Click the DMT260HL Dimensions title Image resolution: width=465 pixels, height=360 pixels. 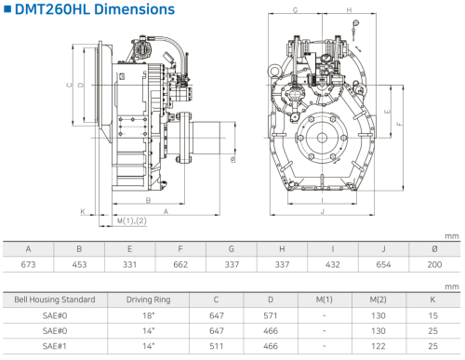[95, 9]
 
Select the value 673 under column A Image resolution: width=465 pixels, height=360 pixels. [28, 264]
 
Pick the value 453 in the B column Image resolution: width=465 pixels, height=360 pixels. [79, 264]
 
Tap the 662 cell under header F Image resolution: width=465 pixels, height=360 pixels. [180, 264]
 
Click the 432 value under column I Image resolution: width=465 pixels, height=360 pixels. [333, 264]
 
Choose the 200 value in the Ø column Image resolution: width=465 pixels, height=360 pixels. [434, 264]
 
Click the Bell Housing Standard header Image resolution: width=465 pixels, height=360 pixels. [55, 300]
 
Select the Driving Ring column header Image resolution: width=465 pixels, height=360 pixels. [149, 300]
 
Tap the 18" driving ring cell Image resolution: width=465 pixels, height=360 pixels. [149, 315]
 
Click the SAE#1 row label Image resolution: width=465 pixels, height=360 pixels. [55, 346]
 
